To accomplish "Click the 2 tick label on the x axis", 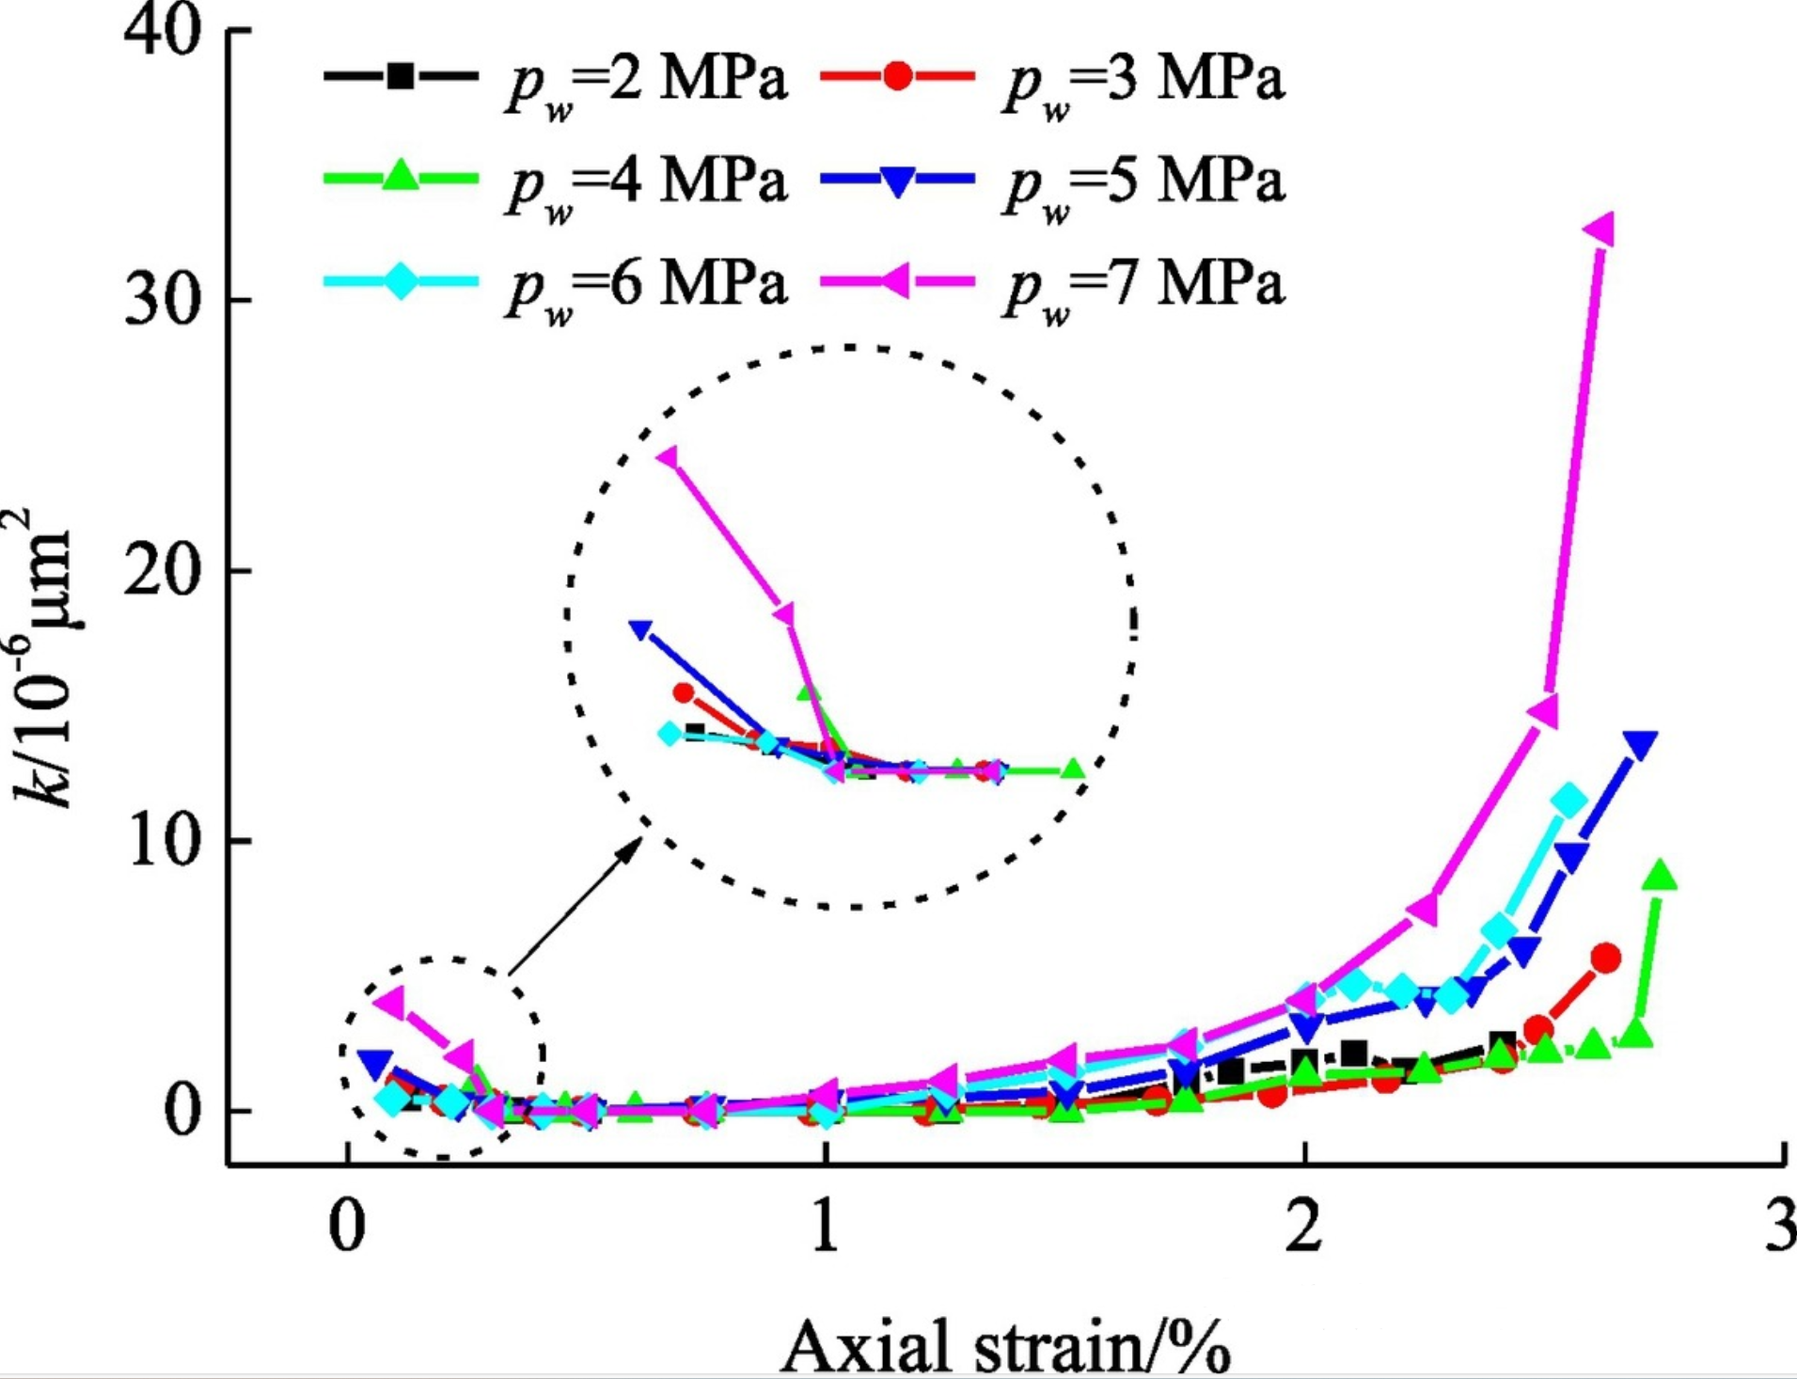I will [x=1303, y=1227].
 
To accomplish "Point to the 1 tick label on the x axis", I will [x=825, y=1227].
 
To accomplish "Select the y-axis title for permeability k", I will [x=43, y=658].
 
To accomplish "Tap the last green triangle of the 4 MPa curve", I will [x=1661, y=876].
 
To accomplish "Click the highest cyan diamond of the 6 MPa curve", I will [x=1568, y=801].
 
